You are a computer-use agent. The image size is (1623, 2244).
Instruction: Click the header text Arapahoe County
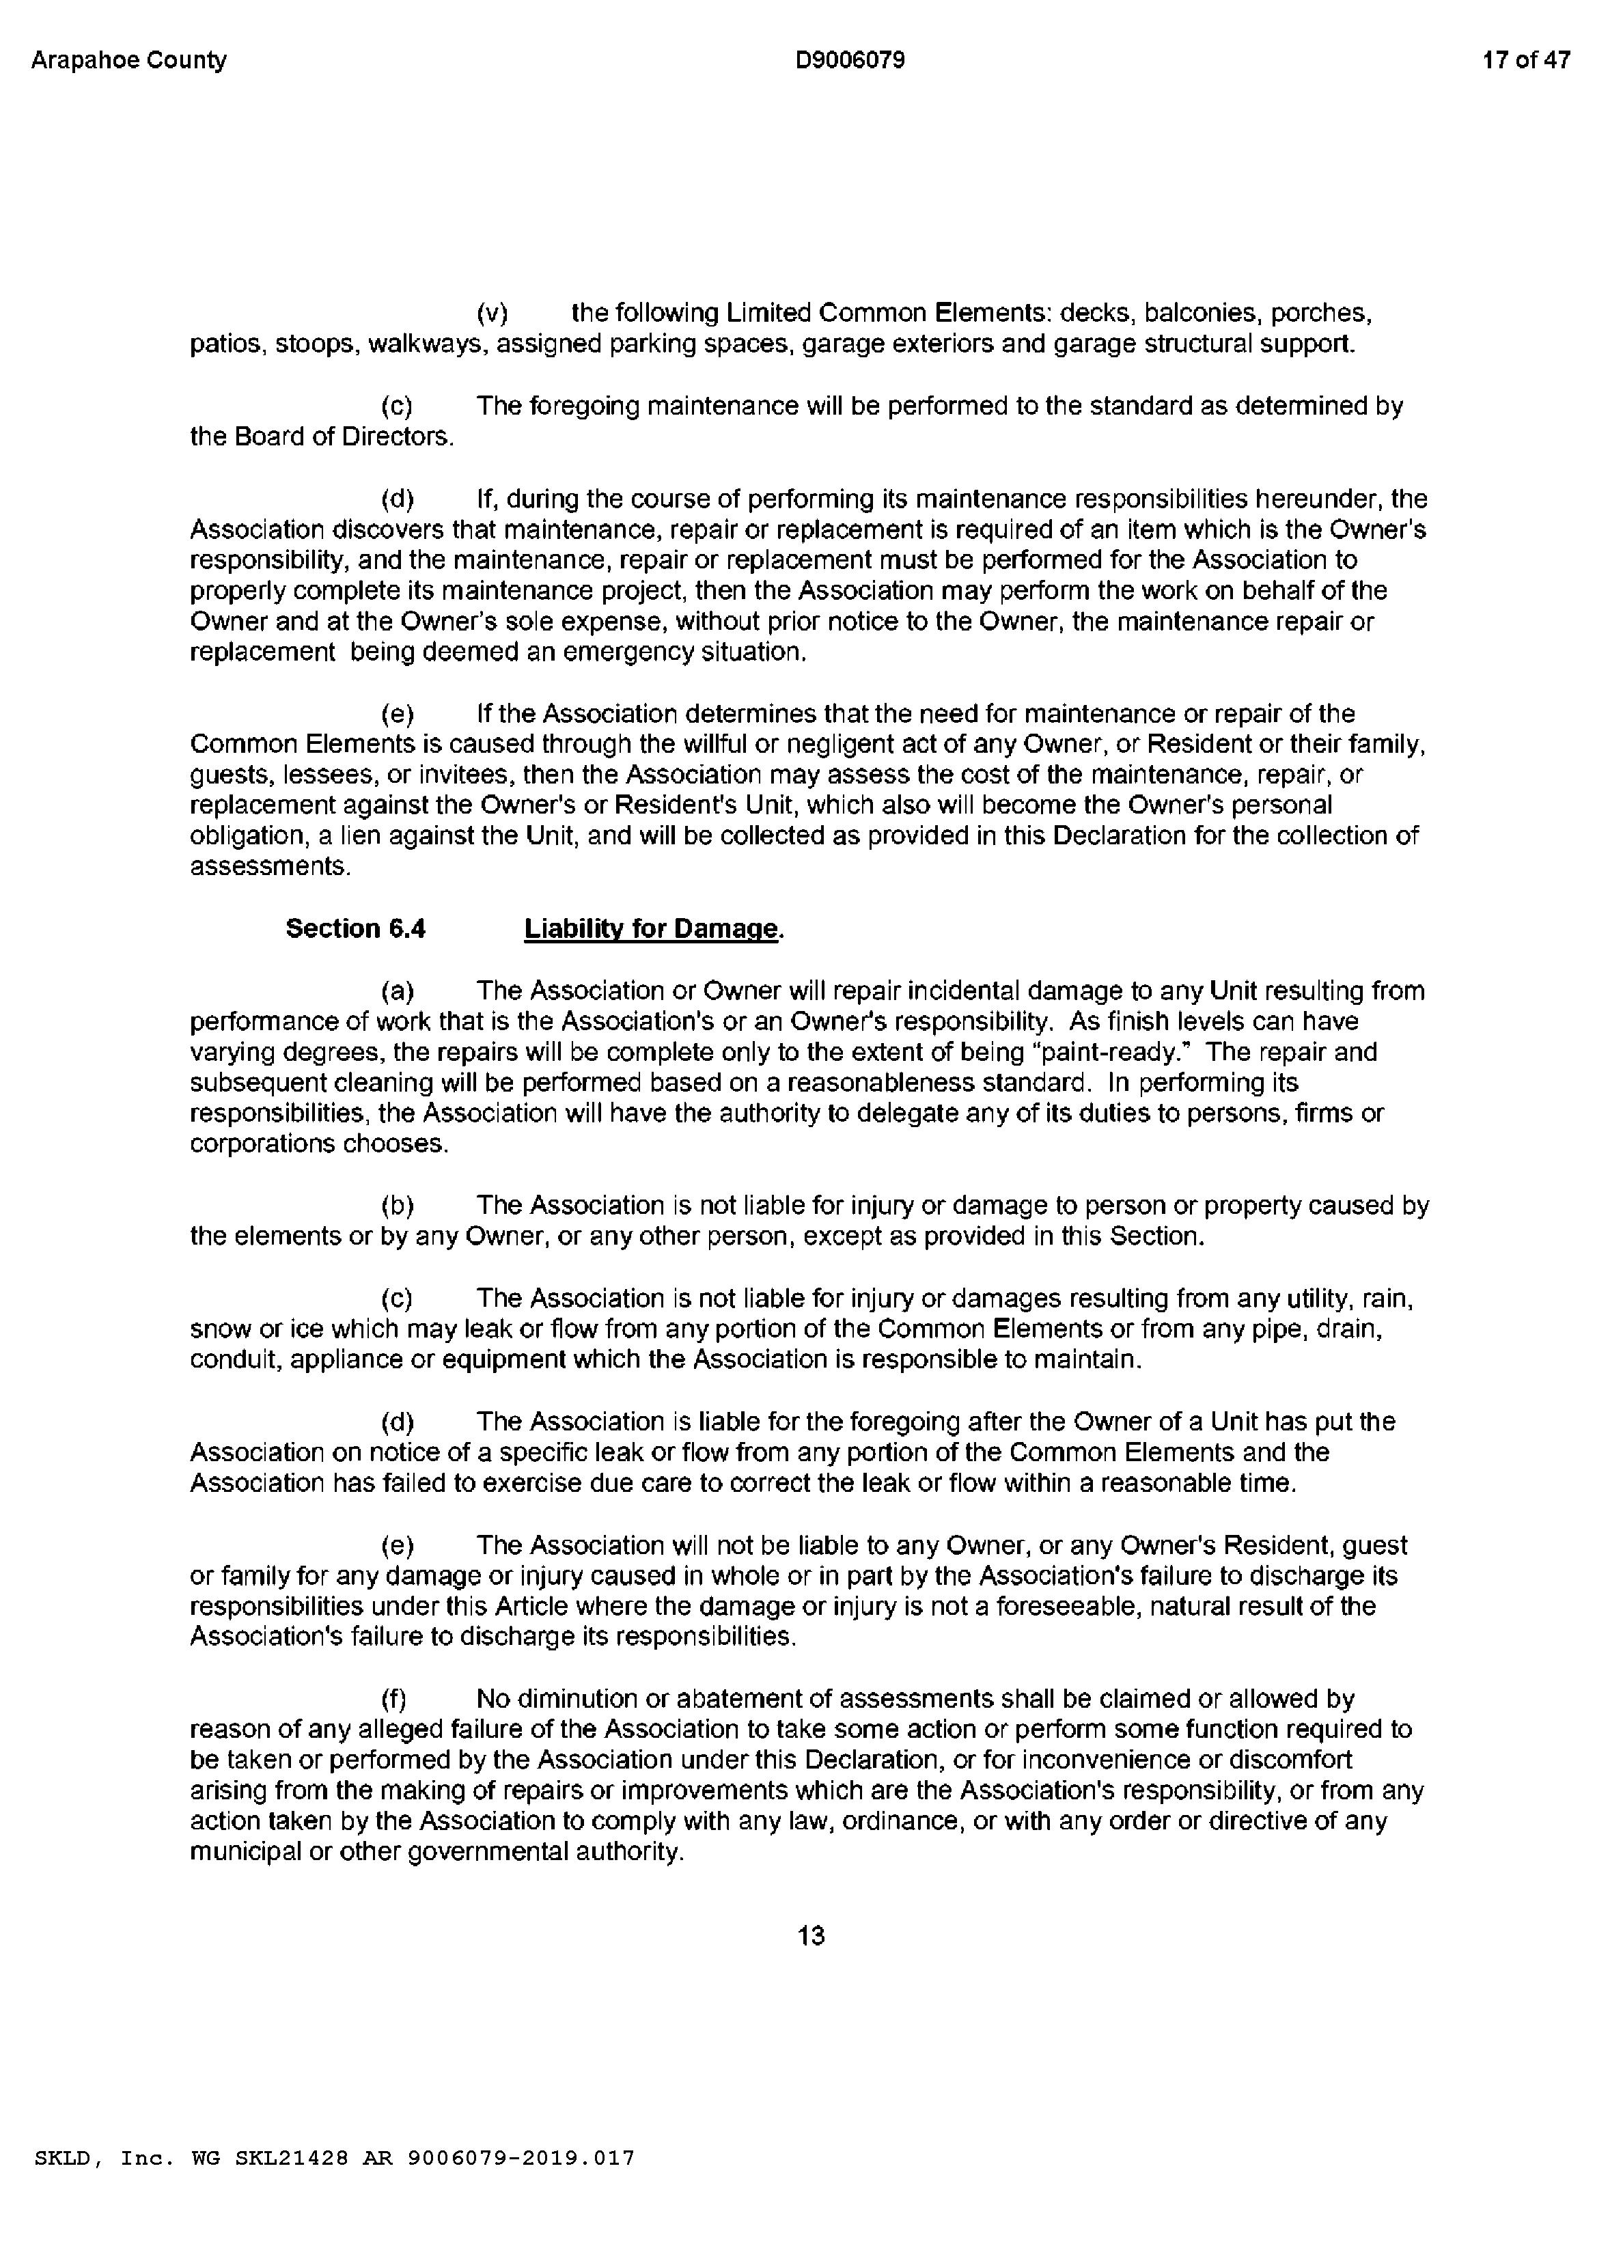[128, 60]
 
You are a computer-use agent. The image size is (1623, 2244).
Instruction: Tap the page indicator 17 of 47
[1526, 60]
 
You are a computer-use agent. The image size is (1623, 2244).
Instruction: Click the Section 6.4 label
[355, 928]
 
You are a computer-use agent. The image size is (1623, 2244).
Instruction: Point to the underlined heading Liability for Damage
[651, 929]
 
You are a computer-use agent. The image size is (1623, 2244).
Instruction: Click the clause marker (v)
[492, 314]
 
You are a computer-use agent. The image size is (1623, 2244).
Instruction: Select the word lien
[358, 836]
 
